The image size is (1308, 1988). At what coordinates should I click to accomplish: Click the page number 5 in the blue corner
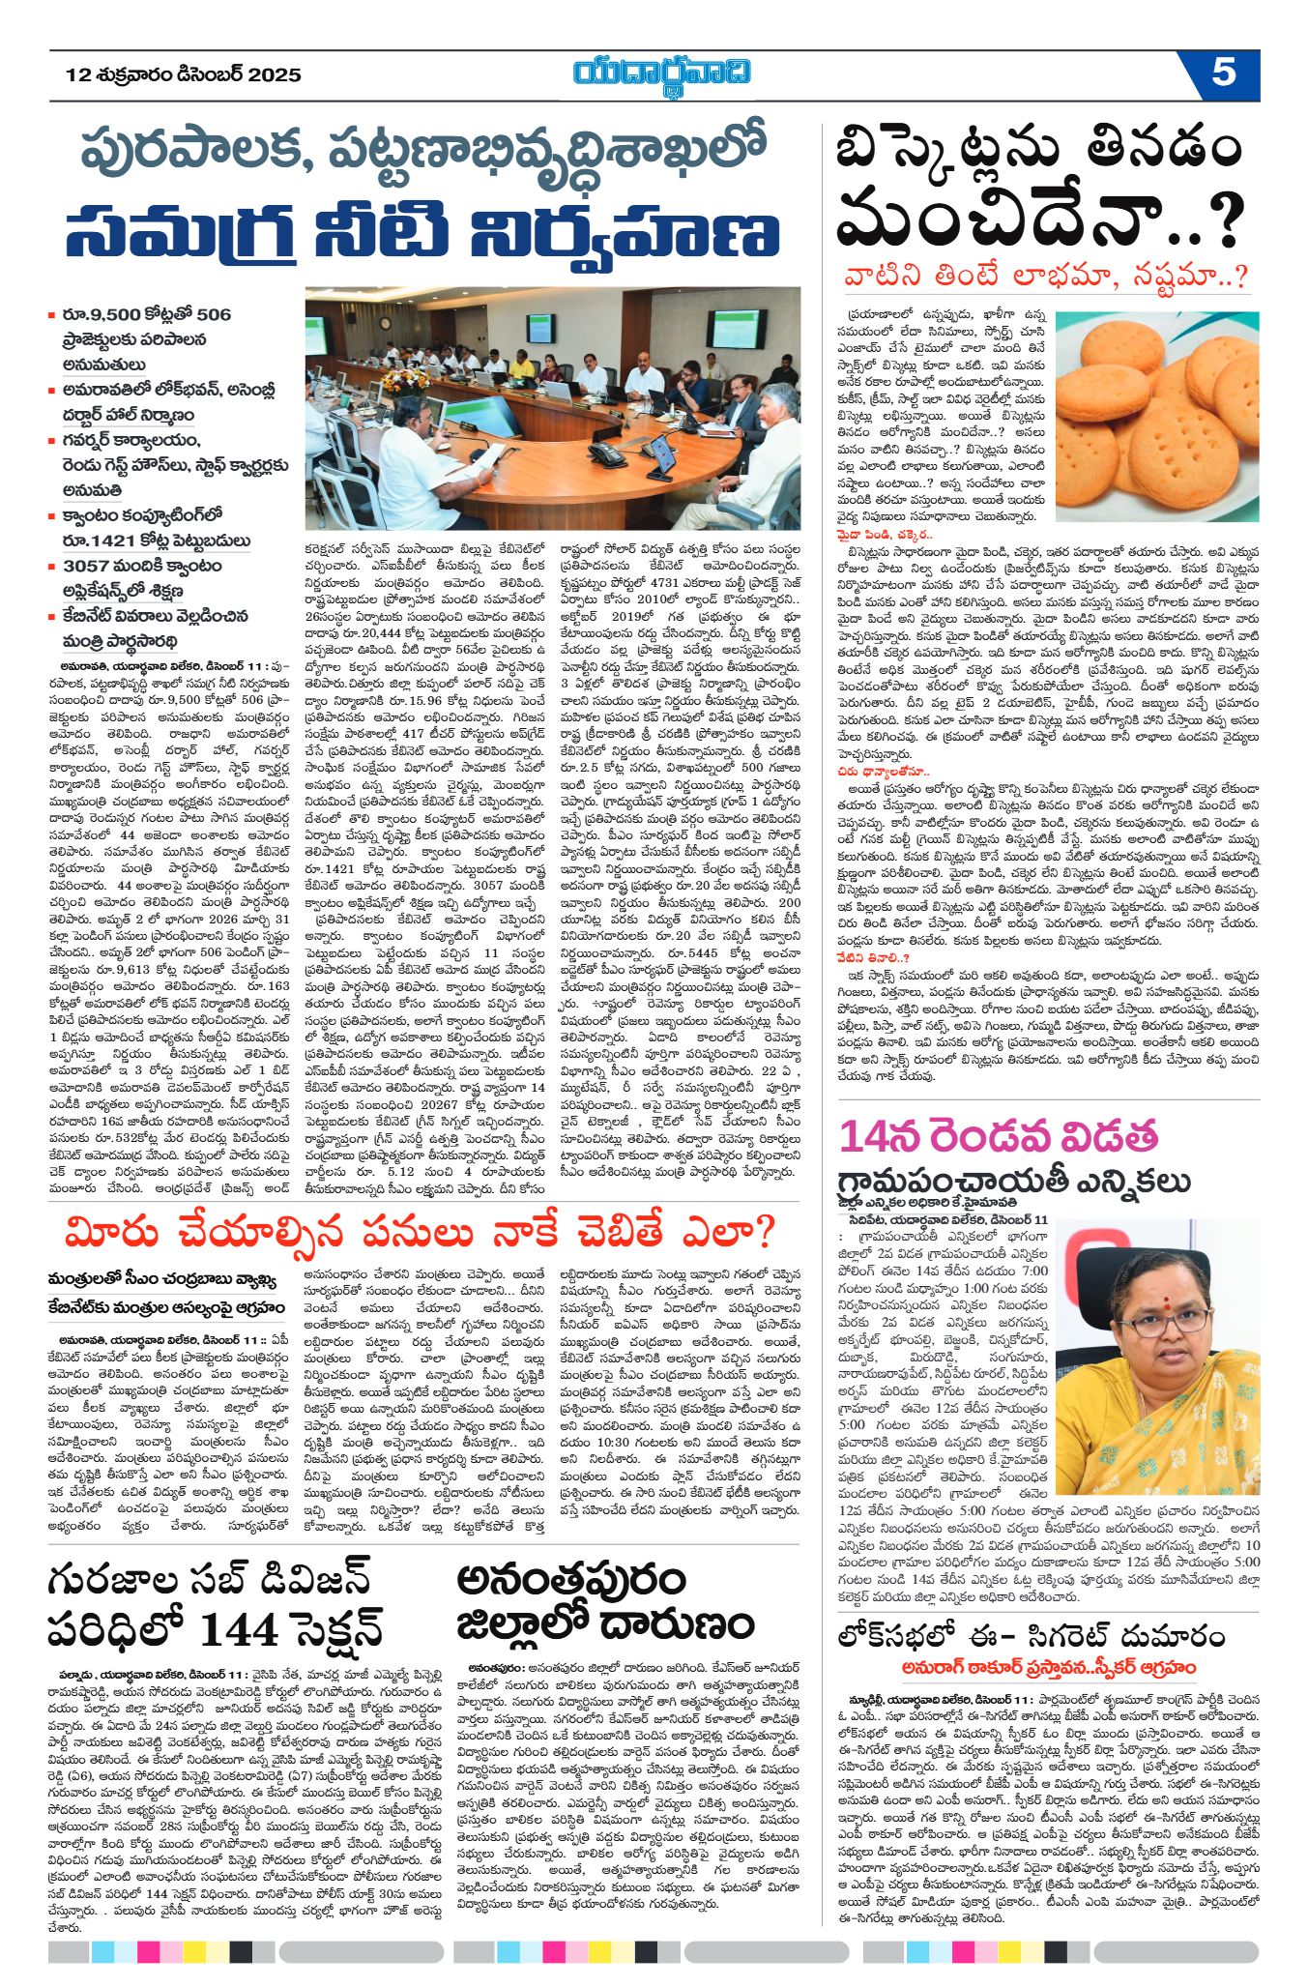pos(1223,74)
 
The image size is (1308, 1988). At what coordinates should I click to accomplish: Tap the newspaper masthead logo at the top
pos(661,74)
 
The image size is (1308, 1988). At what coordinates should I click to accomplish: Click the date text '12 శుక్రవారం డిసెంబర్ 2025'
pos(184,74)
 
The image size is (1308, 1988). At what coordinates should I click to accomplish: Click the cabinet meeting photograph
pos(552,406)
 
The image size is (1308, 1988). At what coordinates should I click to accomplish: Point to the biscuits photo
pos(1156,416)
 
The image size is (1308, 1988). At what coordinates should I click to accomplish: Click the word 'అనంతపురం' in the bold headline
pos(571,1582)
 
